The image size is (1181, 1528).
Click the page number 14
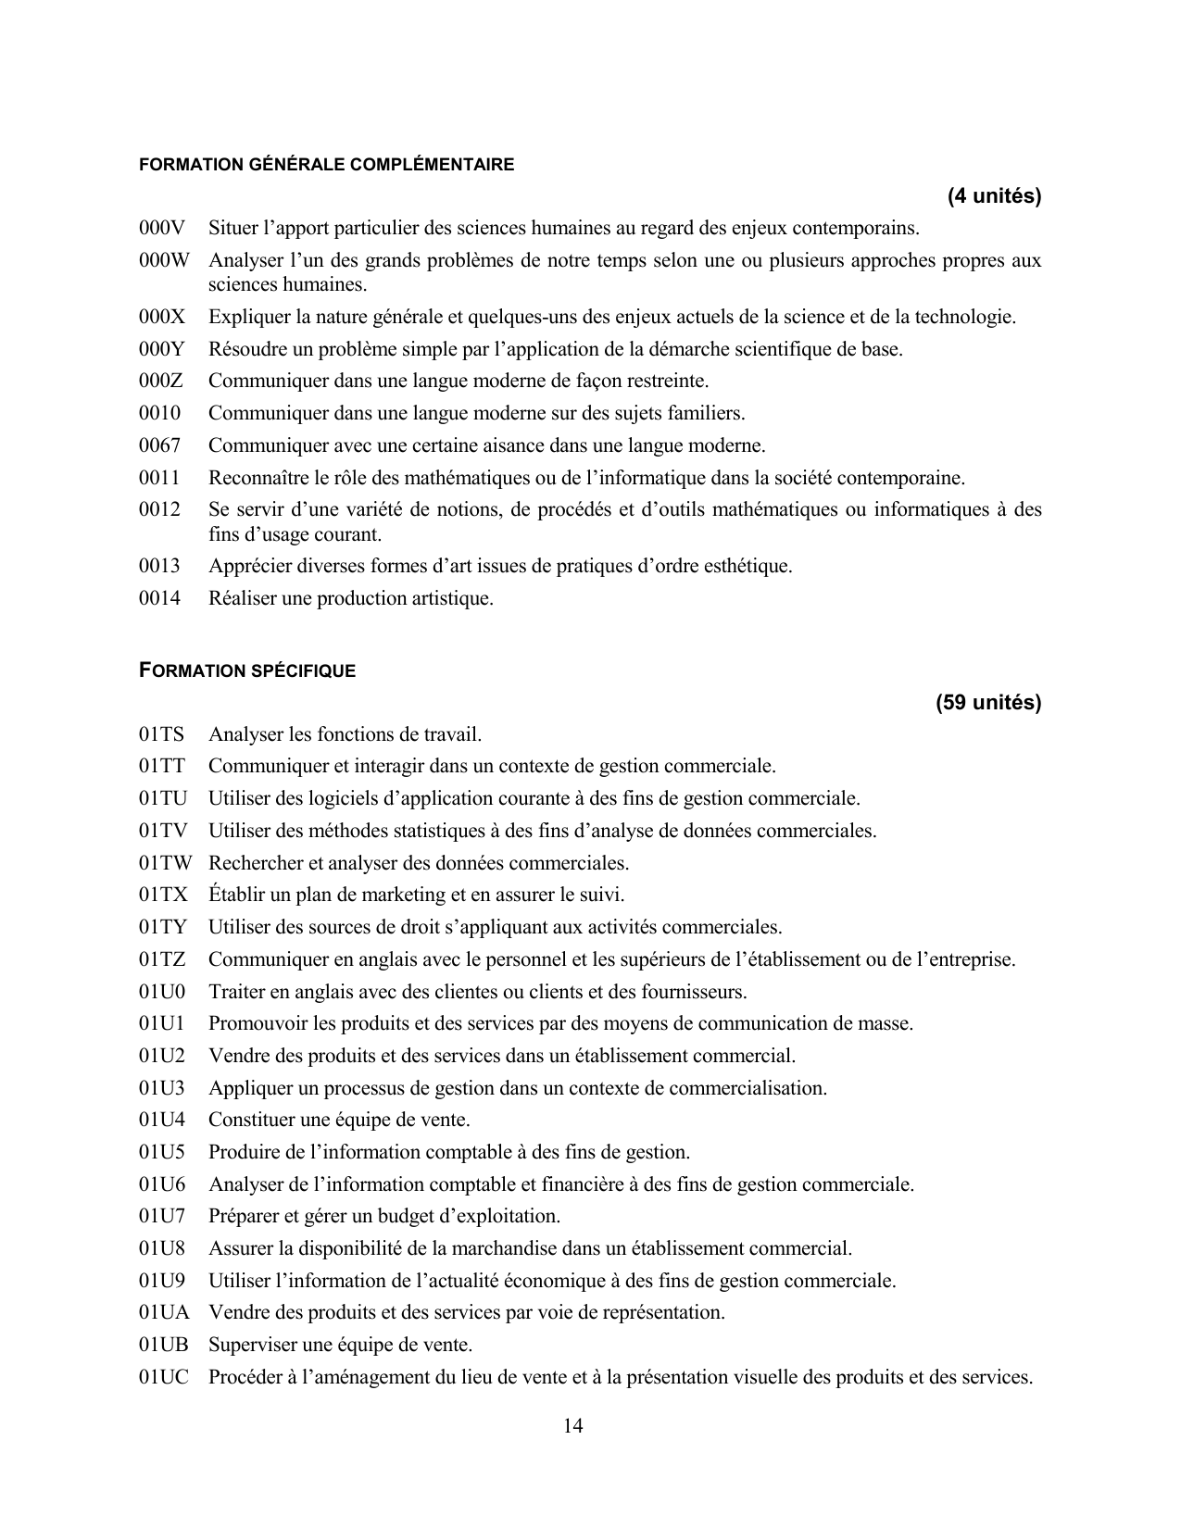(x=572, y=1426)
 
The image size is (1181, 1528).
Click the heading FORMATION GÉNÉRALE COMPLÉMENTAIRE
(x=326, y=165)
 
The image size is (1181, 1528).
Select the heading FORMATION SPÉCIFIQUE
(x=247, y=670)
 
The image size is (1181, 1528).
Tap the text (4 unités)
(x=994, y=196)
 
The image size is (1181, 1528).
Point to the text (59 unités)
(x=988, y=703)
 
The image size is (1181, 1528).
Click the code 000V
(x=162, y=228)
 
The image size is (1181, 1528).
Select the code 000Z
(x=161, y=381)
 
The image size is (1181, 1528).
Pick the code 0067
(x=159, y=445)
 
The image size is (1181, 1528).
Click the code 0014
(x=159, y=598)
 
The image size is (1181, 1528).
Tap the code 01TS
(x=162, y=734)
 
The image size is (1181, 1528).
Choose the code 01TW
(x=166, y=863)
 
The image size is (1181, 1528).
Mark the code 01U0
(x=162, y=992)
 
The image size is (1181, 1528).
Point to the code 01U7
(x=162, y=1216)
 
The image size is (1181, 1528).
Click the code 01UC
(x=164, y=1377)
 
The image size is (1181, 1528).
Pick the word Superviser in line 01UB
(x=250, y=1345)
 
